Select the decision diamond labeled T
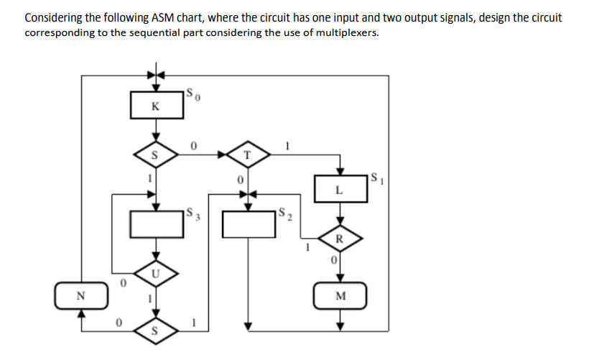[247, 154]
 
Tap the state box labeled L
[341, 190]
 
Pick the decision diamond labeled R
[341, 239]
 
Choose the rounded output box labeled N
[81, 294]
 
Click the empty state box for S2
[248, 225]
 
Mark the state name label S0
[190, 94]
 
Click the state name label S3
[190, 213]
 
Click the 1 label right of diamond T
[287, 146]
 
